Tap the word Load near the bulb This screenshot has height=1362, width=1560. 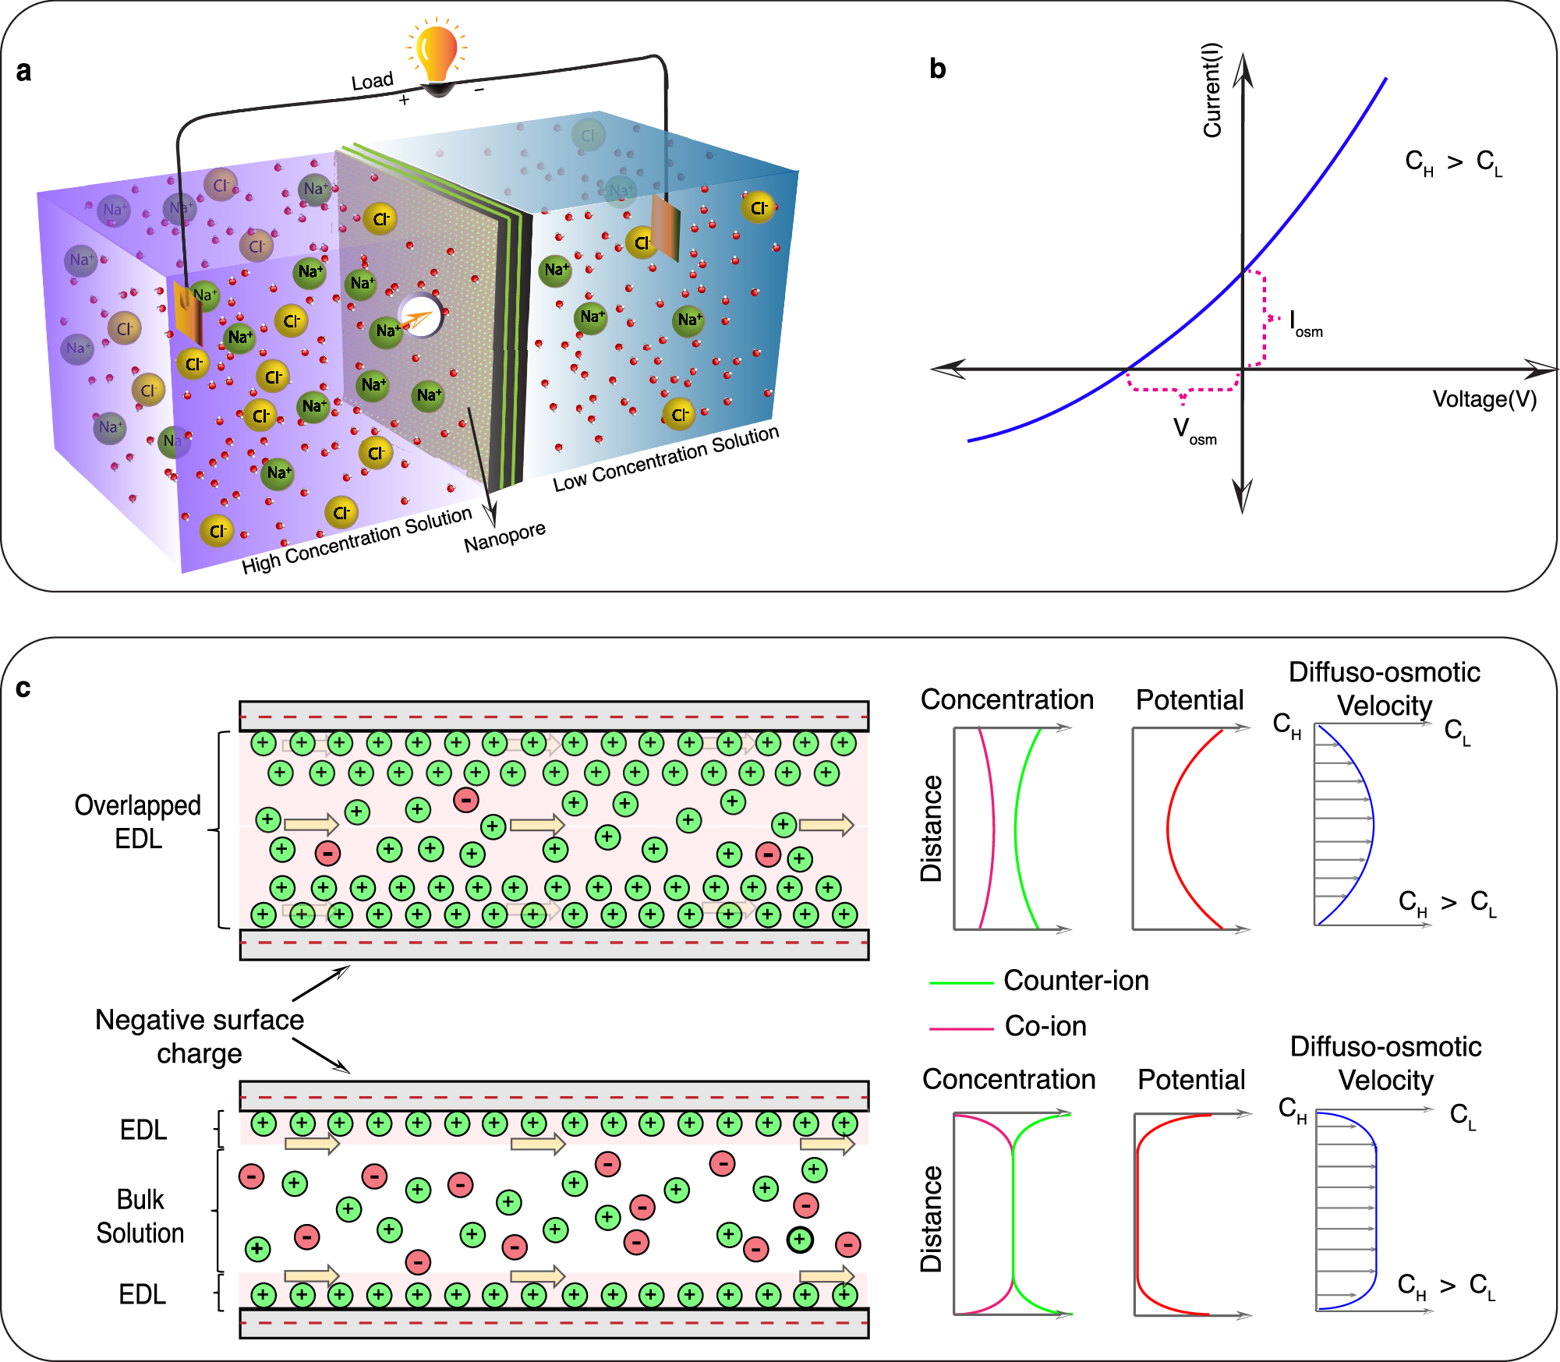tap(372, 81)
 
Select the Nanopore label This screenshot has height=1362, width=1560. tap(504, 537)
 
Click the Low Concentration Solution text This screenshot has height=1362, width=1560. tap(666, 459)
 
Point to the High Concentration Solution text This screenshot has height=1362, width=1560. tap(357, 540)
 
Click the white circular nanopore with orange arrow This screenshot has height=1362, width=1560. tap(422, 317)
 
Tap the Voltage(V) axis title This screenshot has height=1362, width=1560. tap(1484, 399)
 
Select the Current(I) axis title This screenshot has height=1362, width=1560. tap(1212, 90)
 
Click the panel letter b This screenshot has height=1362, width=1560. tap(937, 69)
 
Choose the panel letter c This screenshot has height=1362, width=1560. tap(23, 688)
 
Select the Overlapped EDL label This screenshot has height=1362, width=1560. tap(138, 822)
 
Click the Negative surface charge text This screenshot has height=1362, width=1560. tap(199, 1036)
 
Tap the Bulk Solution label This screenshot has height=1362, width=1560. tap(140, 1216)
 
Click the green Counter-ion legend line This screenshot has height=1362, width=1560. tap(960, 983)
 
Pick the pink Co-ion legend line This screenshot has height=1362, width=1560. tap(960, 1029)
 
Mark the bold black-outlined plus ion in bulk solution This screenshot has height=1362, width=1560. tap(800, 1240)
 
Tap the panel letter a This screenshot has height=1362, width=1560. tap(23, 71)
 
